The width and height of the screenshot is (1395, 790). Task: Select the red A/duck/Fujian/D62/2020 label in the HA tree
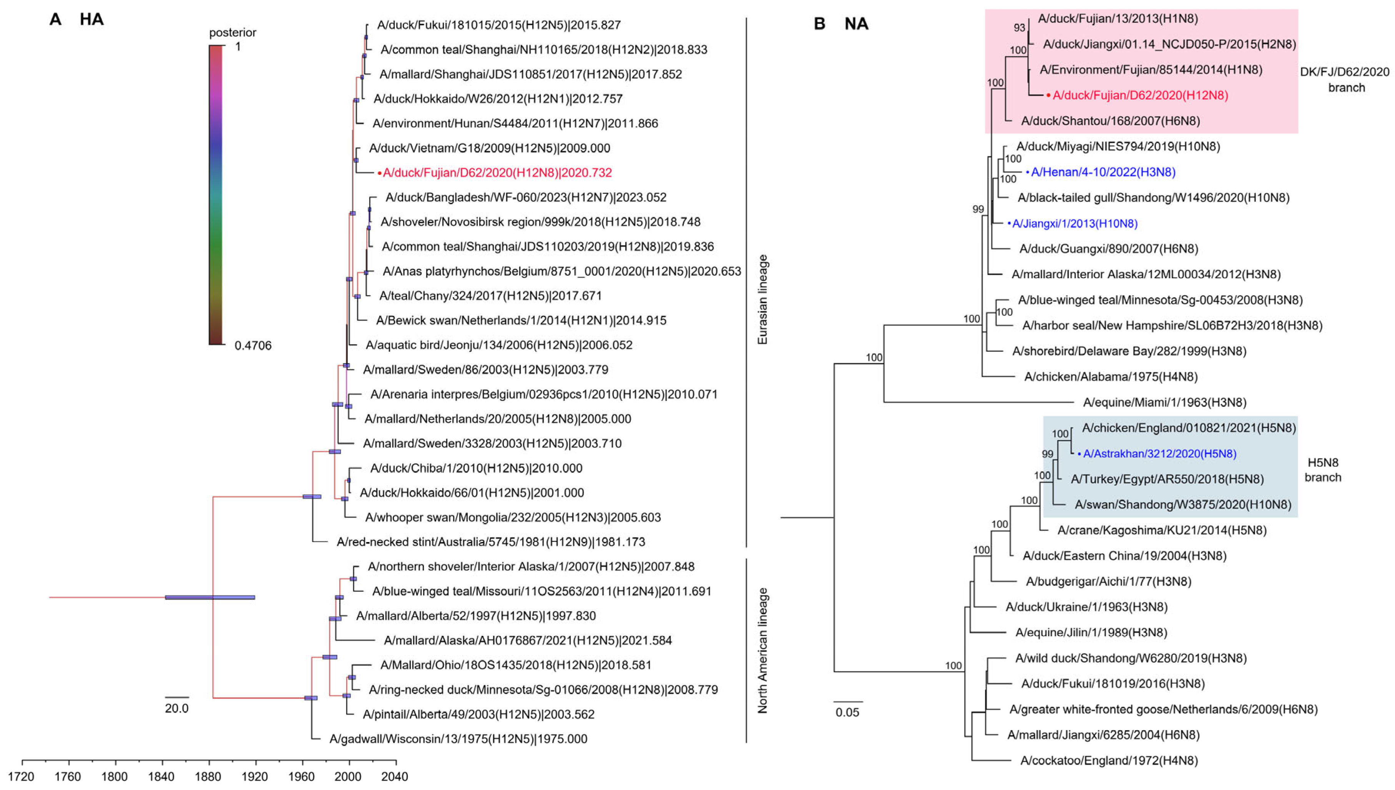tap(497, 173)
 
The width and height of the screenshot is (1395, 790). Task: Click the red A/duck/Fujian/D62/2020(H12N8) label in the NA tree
tap(1140, 95)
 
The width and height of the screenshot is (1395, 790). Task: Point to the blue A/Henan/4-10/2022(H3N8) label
tap(1103, 172)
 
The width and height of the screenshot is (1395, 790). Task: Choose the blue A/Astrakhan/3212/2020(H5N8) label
tap(1159, 454)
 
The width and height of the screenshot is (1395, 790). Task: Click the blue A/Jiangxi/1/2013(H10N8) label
tap(1074, 223)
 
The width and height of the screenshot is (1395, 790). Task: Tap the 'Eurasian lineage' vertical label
tap(762, 299)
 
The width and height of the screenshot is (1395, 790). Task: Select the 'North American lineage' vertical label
tap(762, 650)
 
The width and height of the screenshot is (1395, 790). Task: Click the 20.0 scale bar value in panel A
tap(177, 709)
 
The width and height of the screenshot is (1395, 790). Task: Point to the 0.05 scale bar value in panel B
tap(847, 712)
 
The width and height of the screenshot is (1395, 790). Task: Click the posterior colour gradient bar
tap(216, 195)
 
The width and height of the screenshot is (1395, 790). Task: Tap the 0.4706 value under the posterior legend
tap(253, 346)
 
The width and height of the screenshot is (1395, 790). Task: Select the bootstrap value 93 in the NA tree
tap(1019, 28)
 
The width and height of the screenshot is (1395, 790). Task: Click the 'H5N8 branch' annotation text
tap(1323, 470)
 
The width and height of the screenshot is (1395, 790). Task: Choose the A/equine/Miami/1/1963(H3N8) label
tap(1164, 402)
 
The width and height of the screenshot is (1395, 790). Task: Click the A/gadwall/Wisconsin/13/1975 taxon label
tap(458, 739)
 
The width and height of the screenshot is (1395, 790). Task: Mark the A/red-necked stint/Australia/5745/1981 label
tap(491, 542)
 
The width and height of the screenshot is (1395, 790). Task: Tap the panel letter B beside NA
tap(820, 24)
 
